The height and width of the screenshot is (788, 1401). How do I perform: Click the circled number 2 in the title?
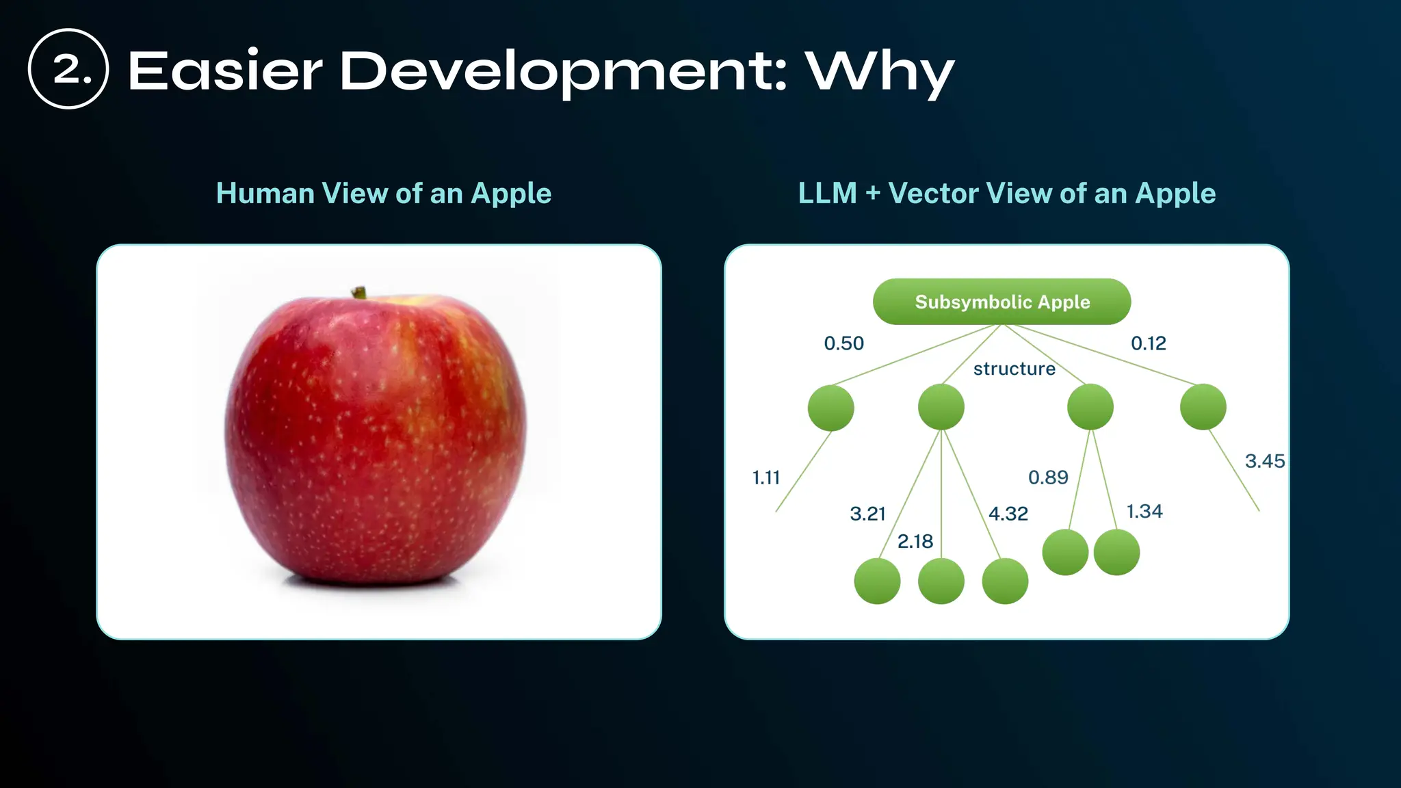pyautogui.click(x=68, y=68)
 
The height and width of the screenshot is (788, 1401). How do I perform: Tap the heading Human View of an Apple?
pyautogui.click(x=383, y=194)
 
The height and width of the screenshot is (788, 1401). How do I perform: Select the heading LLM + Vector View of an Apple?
pyautogui.click(x=1006, y=194)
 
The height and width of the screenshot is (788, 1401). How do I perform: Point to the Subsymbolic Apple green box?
pyautogui.click(x=1001, y=302)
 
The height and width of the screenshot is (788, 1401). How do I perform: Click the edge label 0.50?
pyautogui.click(x=843, y=343)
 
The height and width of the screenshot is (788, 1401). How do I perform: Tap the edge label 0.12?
pyautogui.click(x=1148, y=343)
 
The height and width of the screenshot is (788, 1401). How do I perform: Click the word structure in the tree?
pyautogui.click(x=1014, y=369)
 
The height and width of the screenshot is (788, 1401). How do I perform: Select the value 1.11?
pyautogui.click(x=765, y=477)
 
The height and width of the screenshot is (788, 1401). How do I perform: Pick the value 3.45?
pyautogui.click(x=1264, y=461)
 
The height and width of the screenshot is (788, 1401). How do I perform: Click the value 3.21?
pyautogui.click(x=867, y=514)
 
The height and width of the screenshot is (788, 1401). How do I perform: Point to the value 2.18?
pyautogui.click(x=915, y=542)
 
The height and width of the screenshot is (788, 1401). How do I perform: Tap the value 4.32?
pyautogui.click(x=1008, y=514)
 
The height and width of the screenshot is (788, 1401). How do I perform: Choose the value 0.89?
pyautogui.click(x=1047, y=477)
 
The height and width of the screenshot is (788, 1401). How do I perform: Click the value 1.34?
pyautogui.click(x=1144, y=512)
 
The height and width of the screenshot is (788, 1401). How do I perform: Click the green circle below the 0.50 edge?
pyautogui.click(x=830, y=408)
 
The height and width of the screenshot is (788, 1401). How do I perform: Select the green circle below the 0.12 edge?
pyautogui.click(x=1203, y=407)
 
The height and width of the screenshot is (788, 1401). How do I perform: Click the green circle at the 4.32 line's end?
pyautogui.click(x=1004, y=581)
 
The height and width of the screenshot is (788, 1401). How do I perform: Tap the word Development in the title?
pyautogui.click(x=562, y=72)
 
